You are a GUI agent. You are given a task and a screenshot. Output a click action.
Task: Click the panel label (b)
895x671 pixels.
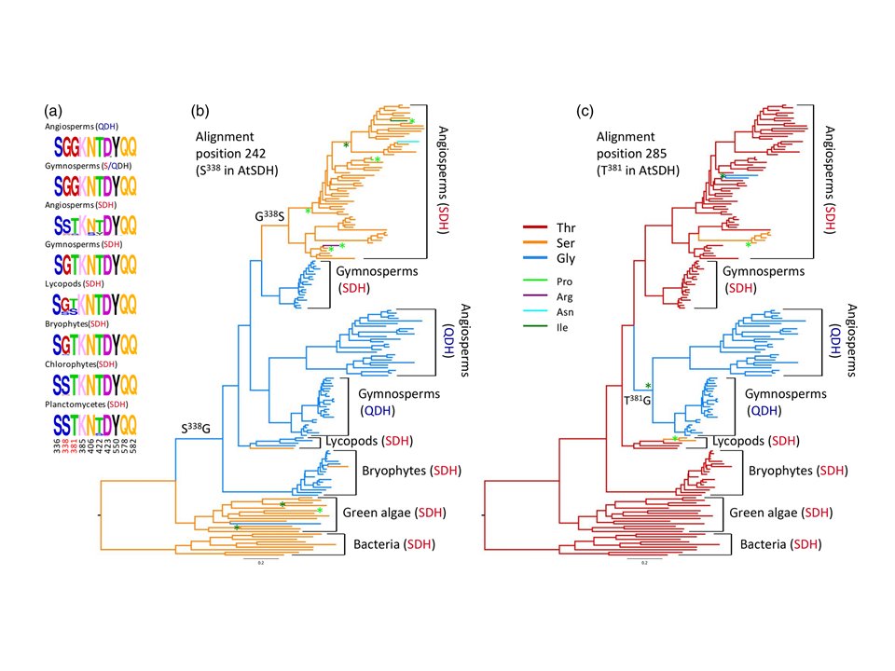tap(201, 110)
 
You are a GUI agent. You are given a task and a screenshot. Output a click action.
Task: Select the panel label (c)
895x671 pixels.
tap(585, 110)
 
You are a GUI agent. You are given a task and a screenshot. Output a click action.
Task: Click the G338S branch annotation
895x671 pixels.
tap(269, 215)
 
